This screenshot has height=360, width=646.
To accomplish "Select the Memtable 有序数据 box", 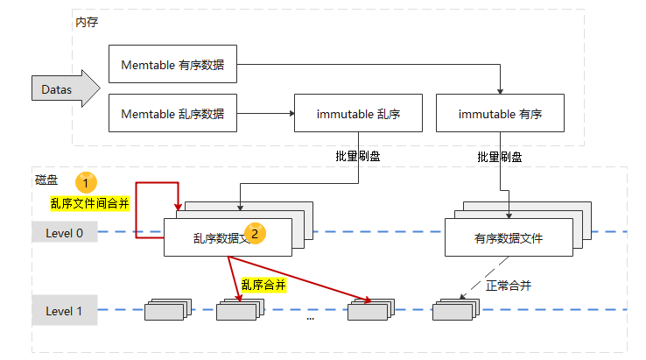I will point(172,65).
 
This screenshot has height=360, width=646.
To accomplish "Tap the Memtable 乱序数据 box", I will point(172,114).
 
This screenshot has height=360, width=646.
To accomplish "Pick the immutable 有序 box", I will point(500,114).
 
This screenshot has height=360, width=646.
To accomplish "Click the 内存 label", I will point(87,21).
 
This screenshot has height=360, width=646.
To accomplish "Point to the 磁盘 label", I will point(46,180).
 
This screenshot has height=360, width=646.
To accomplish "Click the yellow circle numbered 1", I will point(86,182).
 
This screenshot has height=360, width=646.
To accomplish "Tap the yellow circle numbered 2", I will point(255,233).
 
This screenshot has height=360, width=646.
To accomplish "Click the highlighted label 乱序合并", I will point(263,285).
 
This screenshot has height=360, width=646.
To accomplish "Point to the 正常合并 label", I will point(508,286).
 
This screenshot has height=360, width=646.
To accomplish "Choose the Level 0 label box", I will point(64,233).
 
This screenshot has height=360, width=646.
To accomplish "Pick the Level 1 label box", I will point(64,311).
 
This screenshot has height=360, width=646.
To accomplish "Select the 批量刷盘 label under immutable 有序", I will point(500,157).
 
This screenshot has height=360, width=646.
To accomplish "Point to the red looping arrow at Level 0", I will point(137,210).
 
